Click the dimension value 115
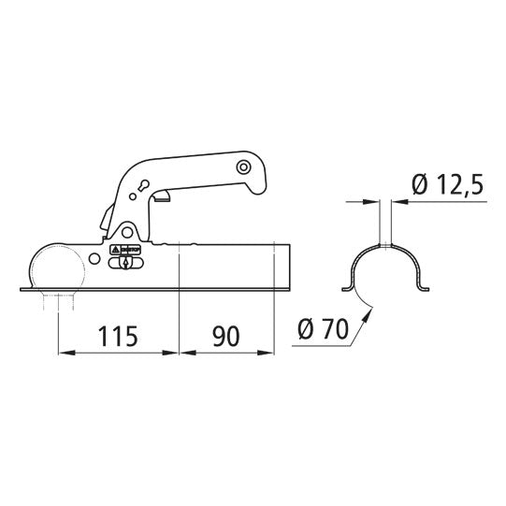[x=119, y=334]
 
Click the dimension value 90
[x=225, y=334]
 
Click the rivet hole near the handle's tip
[x=243, y=166]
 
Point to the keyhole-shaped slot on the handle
[x=142, y=185]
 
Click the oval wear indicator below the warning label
[x=125, y=265]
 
